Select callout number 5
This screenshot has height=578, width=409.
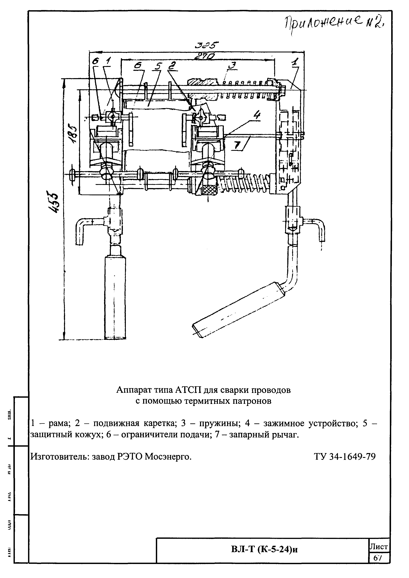click(158, 66)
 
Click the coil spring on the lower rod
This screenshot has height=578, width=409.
click(244, 183)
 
